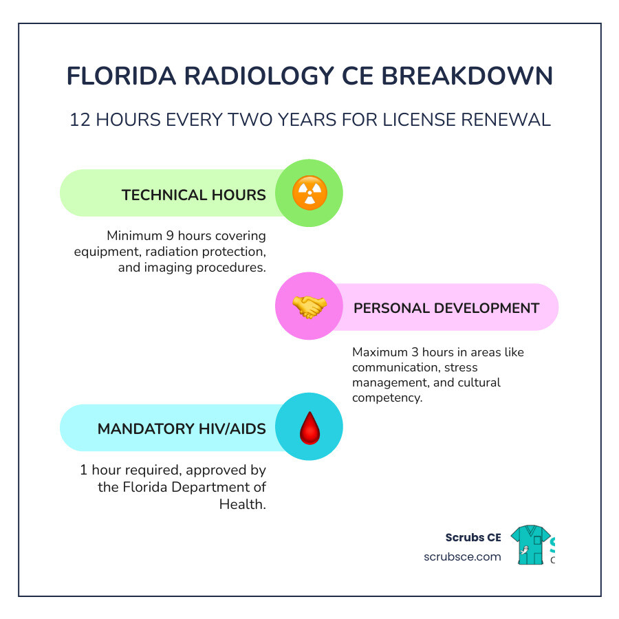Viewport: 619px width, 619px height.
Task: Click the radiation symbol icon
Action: [309, 193]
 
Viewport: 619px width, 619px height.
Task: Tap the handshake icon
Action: [309, 307]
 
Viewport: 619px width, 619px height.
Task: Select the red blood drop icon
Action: [309, 427]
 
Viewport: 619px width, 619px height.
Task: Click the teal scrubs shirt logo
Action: [530, 545]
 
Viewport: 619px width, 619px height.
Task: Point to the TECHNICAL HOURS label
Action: [193, 195]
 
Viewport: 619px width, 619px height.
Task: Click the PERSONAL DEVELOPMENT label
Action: [446, 307]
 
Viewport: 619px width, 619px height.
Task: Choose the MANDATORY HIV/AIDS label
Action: [182, 428]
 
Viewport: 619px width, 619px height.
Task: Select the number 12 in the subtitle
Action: [80, 120]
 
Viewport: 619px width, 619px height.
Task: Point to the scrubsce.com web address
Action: [462, 556]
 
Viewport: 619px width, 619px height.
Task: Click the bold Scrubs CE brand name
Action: [473, 537]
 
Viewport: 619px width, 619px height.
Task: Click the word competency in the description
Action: [387, 398]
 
